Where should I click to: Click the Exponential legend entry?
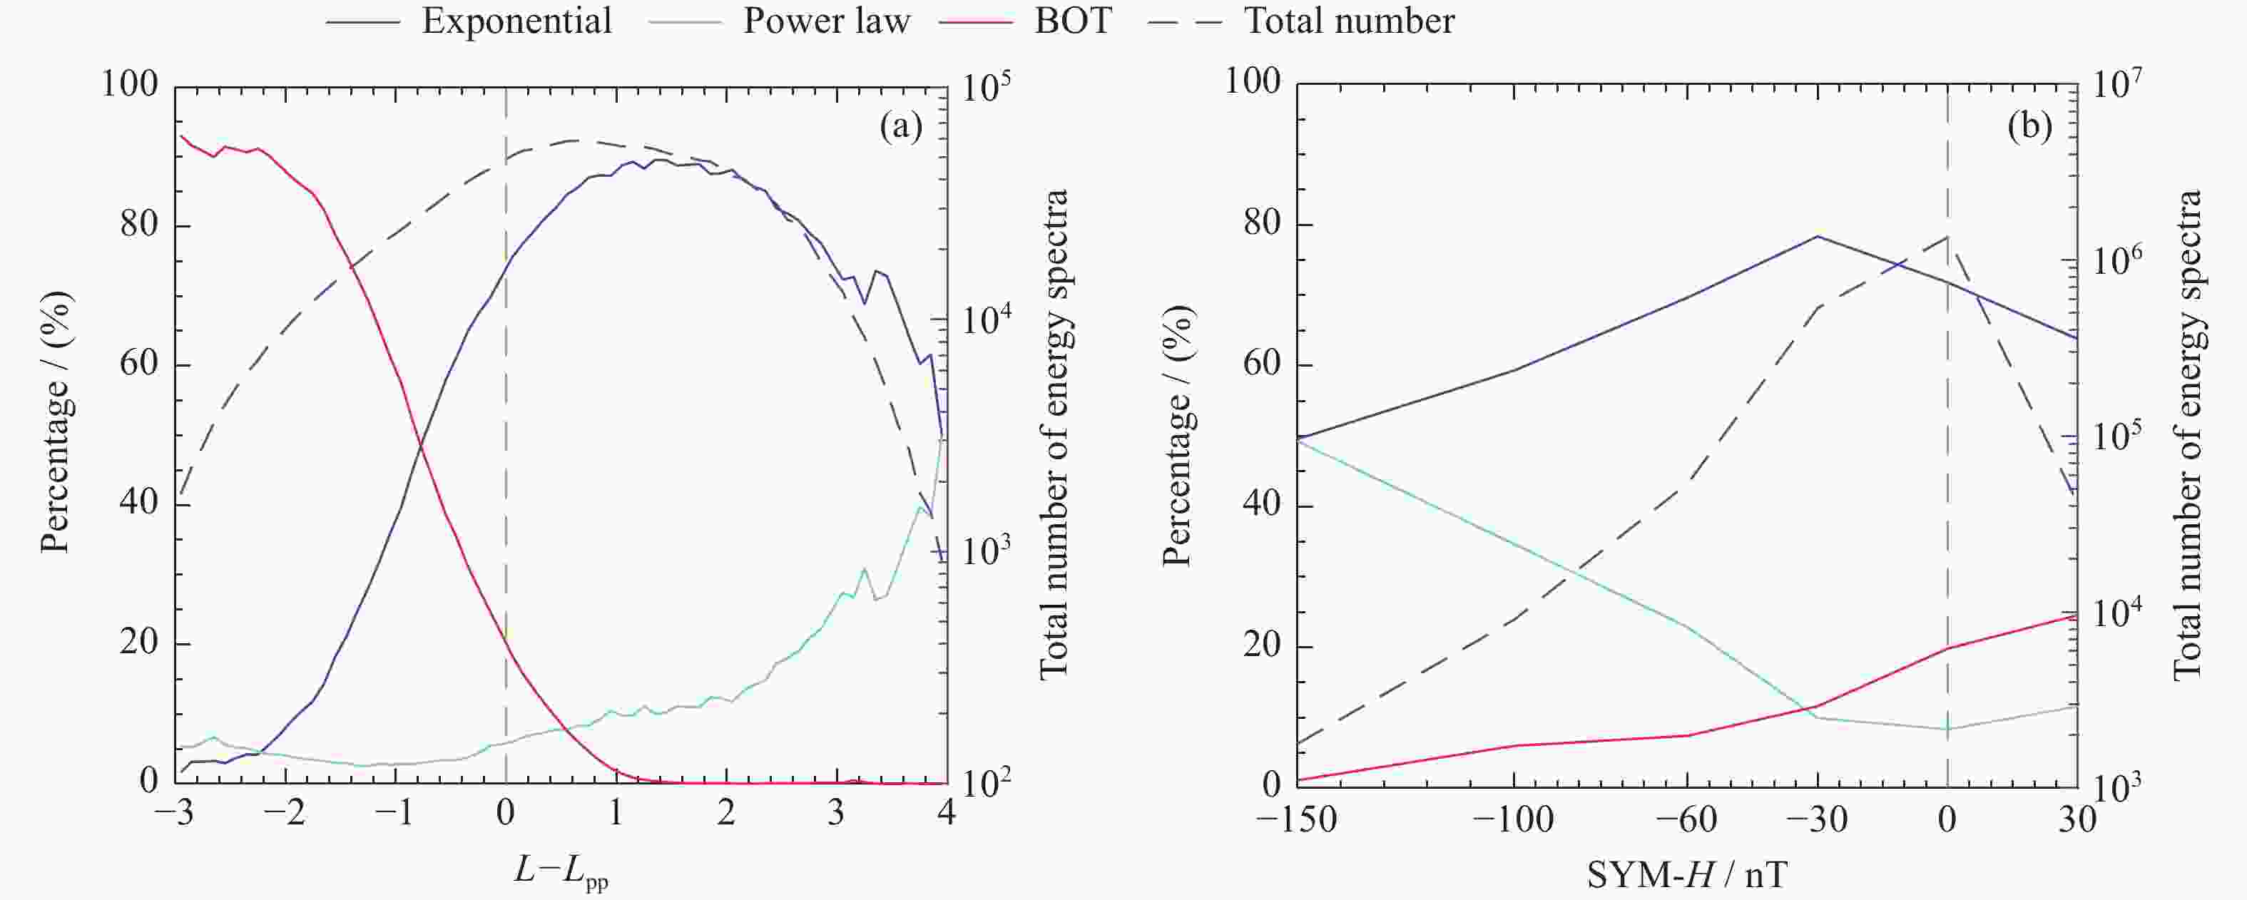(516, 21)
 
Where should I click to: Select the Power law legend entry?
(826, 21)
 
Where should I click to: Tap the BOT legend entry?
(1073, 21)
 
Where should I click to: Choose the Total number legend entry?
(1348, 21)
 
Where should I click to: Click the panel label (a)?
(901, 128)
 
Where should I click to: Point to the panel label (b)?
(2029, 128)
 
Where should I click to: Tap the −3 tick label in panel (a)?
(175, 814)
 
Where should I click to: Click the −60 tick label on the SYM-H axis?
(1686, 819)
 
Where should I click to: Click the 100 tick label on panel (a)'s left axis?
(130, 85)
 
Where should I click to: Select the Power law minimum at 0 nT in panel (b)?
(1948, 729)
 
